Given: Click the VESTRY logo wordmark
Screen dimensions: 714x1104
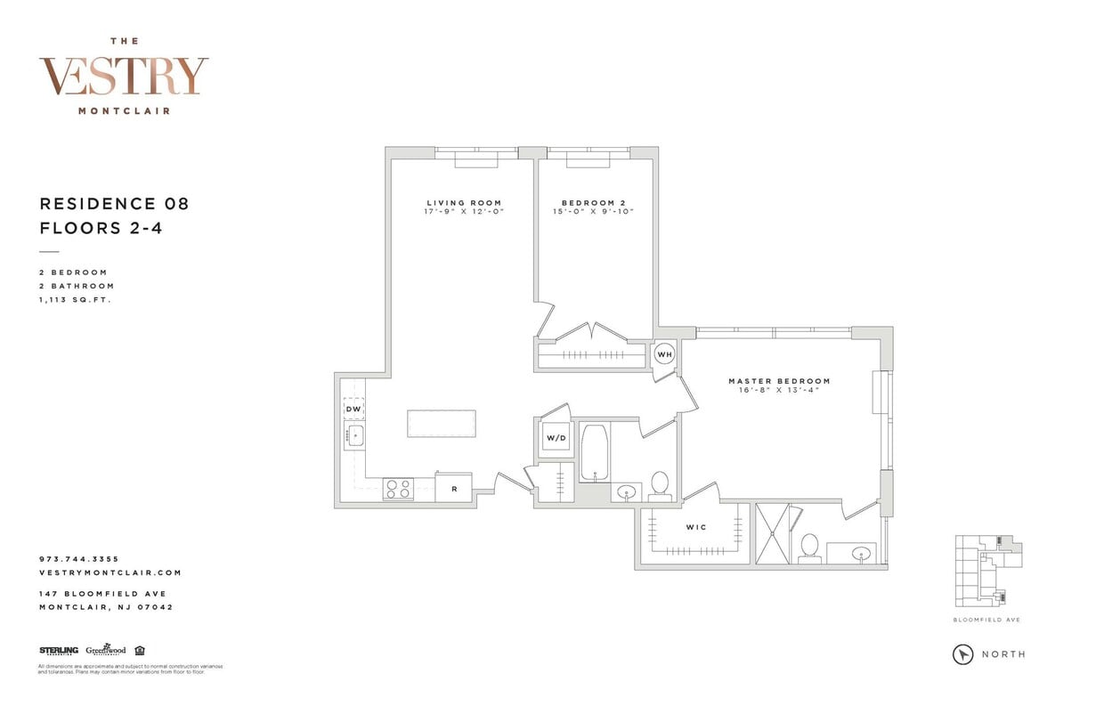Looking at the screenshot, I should (x=124, y=77).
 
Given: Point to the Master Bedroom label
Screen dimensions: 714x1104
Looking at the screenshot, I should (x=779, y=381).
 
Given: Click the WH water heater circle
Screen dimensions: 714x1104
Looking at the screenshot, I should (x=664, y=354).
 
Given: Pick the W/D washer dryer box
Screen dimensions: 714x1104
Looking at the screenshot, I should (x=556, y=438).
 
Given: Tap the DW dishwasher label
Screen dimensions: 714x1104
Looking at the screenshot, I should (x=353, y=409).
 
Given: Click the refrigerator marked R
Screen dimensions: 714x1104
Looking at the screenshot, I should (x=453, y=489).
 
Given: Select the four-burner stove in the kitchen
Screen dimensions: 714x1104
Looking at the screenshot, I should (x=398, y=489).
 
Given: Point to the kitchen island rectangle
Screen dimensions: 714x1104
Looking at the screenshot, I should (x=441, y=423).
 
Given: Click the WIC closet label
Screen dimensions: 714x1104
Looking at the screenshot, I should (x=695, y=528).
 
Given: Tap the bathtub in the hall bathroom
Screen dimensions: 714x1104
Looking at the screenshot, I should (x=594, y=452).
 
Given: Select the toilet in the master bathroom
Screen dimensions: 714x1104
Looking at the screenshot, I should (x=809, y=547).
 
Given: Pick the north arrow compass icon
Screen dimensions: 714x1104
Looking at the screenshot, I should (x=962, y=654).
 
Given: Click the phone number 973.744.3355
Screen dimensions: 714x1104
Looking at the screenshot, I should (x=79, y=559).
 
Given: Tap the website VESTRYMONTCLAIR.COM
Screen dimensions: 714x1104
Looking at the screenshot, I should (x=110, y=573).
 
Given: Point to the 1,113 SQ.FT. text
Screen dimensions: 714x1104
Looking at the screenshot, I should (x=76, y=300).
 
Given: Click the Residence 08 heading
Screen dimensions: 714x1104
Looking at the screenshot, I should (x=114, y=204).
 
